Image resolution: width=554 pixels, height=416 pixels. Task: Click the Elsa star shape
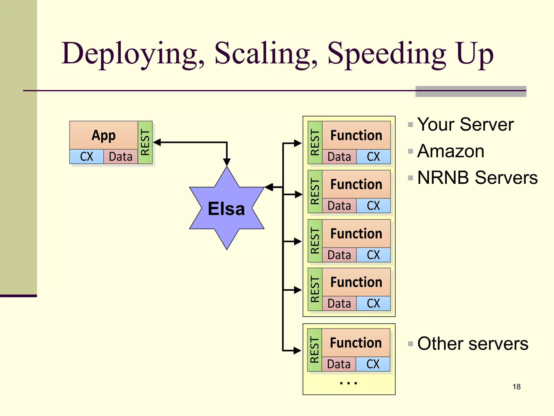tap(227, 208)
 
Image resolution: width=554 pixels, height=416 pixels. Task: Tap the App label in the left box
tap(104, 135)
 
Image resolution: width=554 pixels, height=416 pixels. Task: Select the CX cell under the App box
tap(87, 157)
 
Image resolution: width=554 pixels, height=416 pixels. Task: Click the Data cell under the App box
tap(121, 157)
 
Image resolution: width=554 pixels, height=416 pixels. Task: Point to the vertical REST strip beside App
tap(145, 142)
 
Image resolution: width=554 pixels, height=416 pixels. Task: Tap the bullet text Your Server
tap(465, 125)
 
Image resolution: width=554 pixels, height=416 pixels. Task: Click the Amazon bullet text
tap(451, 151)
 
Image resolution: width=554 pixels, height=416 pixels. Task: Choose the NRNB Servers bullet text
tap(477, 178)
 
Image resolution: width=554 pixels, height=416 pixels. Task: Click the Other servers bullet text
tap(473, 344)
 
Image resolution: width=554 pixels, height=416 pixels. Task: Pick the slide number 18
tap(516, 387)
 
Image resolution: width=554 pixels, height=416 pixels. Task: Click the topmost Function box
tap(356, 135)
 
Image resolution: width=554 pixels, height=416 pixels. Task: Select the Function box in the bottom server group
tap(356, 343)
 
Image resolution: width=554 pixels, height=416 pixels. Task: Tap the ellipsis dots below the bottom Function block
tap(349, 383)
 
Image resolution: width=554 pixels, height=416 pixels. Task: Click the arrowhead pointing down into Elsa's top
tap(227, 162)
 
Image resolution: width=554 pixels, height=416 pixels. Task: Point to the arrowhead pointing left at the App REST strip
tap(157, 142)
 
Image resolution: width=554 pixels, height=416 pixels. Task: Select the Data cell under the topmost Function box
tap(339, 157)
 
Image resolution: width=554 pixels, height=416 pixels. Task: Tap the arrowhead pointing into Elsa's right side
tap(269, 187)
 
